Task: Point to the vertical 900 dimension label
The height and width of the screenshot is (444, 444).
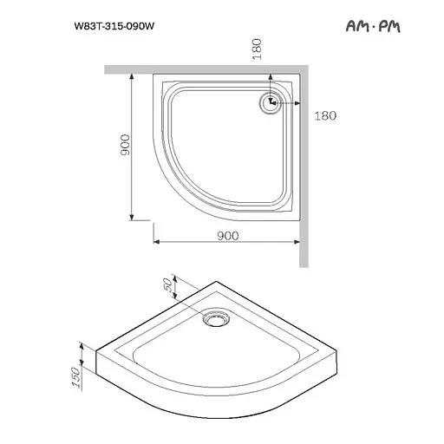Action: [125, 145]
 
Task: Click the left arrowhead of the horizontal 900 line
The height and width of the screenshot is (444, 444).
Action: [157, 245]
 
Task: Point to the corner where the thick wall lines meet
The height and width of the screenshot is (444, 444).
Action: [303, 68]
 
